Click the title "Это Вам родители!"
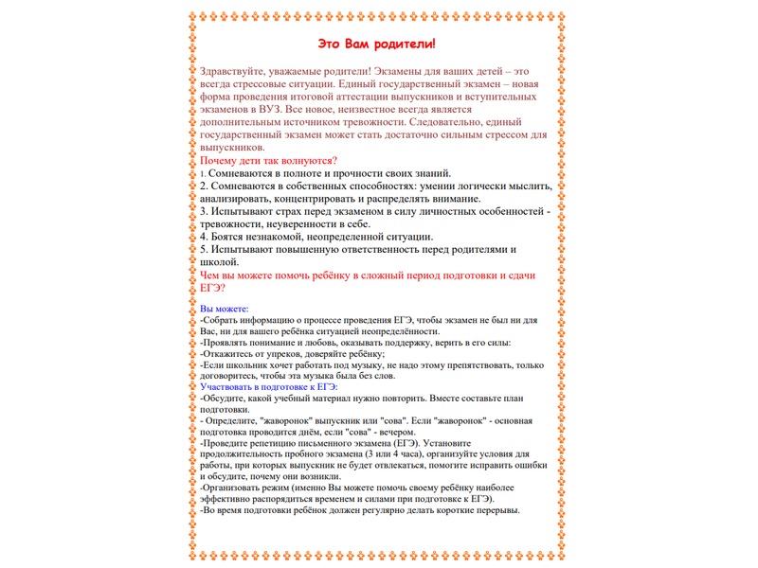(376, 44)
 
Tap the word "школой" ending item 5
(220, 262)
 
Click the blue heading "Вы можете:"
(225, 310)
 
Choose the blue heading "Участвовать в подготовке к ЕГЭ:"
(269, 387)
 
